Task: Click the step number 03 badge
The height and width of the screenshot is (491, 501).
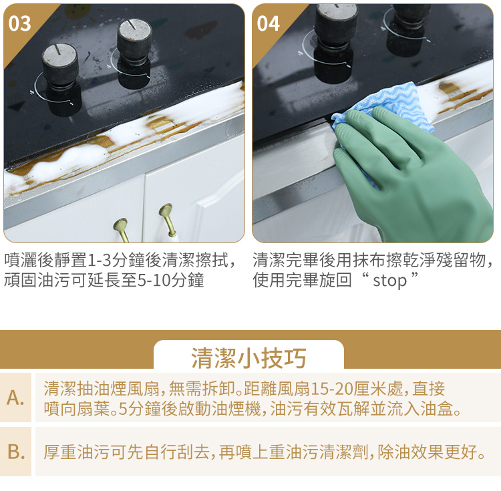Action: (x=19, y=23)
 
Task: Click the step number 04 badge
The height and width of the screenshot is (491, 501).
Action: (x=268, y=23)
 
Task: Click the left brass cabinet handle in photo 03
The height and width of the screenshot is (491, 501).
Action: (x=122, y=229)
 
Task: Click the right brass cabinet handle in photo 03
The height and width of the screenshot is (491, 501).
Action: (x=168, y=220)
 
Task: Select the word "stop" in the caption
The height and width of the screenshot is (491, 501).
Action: (x=389, y=281)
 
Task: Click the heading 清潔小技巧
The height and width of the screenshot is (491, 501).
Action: (x=248, y=358)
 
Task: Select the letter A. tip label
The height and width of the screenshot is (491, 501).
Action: (x=15, y=397)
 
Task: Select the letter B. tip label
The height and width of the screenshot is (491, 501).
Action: (x=16, y=452)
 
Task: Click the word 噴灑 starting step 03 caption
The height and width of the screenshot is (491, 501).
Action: (x=21, y=260)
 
